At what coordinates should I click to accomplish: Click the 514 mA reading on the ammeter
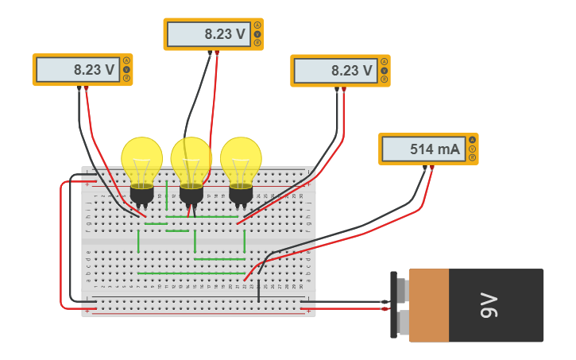point(435,149)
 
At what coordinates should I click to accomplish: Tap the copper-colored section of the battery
point(428,305)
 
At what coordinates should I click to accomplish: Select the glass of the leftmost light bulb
point(141,160)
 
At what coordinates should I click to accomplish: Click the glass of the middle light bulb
point(191,160)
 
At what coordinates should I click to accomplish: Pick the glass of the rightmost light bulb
point(241,160)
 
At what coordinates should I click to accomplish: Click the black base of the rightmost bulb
point(241,194)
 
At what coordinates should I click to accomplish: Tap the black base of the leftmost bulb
point(141,194)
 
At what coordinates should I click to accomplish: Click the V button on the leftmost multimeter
point(126,70)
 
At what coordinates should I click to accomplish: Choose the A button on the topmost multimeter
point(257,25)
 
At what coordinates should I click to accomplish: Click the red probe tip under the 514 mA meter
point(431,168)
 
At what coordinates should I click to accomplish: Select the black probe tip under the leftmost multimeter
point(79,89)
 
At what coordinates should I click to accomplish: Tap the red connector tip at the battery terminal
point(385,308)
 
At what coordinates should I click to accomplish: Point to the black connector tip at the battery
point(385,302)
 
